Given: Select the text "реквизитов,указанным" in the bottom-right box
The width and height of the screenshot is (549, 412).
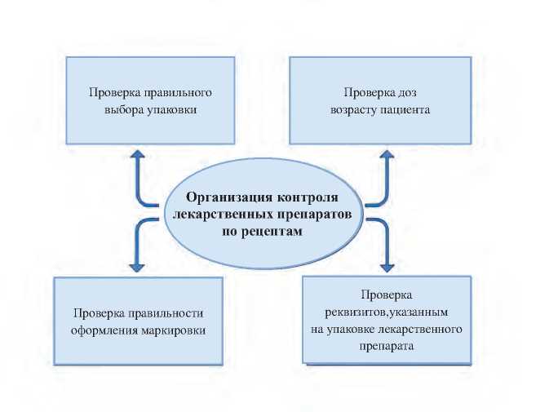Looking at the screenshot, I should click(x=387, y=312).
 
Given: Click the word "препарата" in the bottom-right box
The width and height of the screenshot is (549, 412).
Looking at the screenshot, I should click(x=387, y=345).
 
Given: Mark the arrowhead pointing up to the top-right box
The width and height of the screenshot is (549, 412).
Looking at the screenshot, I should click(x=390, y=154).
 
